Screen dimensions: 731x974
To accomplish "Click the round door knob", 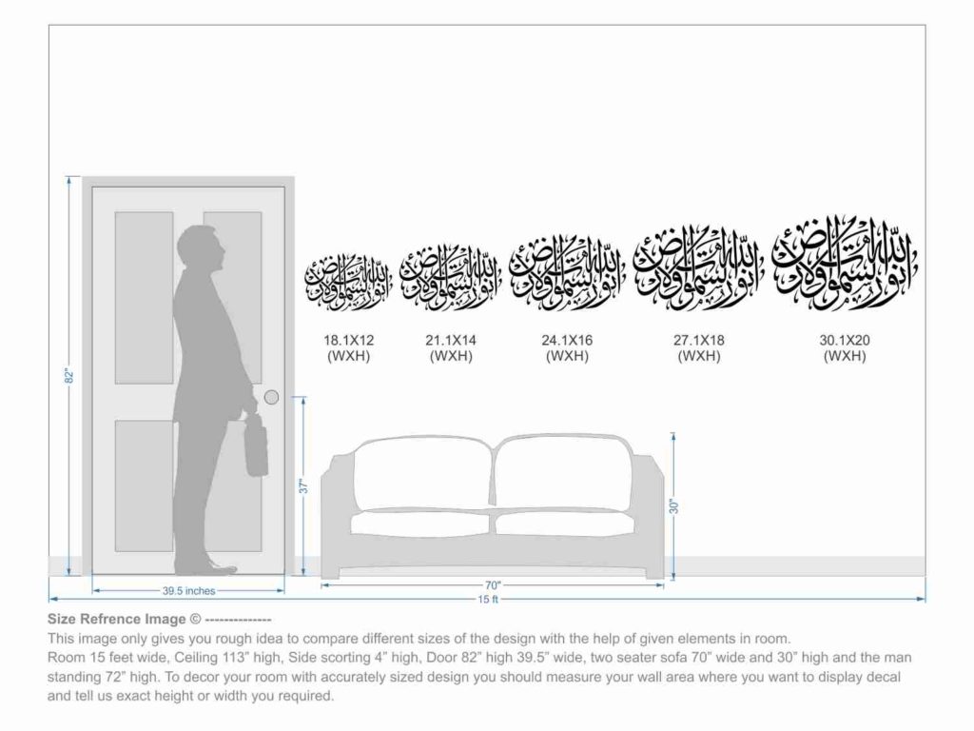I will coord(271,397).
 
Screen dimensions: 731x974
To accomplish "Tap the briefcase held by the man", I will coord(256,447).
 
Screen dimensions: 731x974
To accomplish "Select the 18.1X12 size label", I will coord(348,340).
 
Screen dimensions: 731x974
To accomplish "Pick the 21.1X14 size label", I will coord(451,340).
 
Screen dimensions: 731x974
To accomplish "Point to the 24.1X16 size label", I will coord(567,340).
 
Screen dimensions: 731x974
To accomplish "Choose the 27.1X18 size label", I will coord(699,340).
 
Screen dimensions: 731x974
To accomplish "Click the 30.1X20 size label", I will coord(845,340).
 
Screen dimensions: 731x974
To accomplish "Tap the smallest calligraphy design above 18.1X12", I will coord(348,281).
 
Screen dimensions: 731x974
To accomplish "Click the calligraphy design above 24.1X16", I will coord(567,272).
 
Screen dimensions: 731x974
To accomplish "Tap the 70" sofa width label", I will coord(492,585).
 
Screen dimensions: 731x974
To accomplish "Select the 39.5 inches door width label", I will coord(188,591).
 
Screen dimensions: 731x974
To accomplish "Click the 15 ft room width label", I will coord(488,599).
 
